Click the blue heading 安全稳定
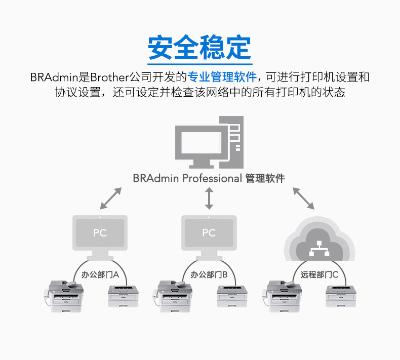(199, 47)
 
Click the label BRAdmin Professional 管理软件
(209, 178)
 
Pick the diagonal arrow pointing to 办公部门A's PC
(111, 198)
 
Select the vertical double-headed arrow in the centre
(209, 198)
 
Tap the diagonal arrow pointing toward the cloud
(304, 198)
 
